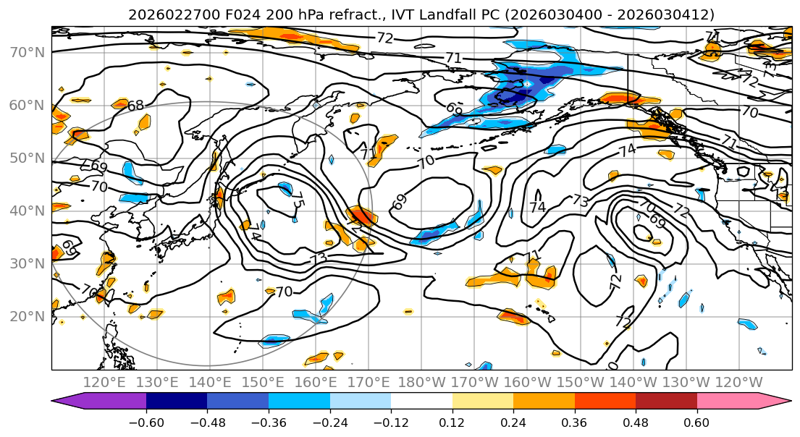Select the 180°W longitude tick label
coord(421,382)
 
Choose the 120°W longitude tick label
coord(738,382)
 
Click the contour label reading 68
coord(135,106)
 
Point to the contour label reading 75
coord(298,202)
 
